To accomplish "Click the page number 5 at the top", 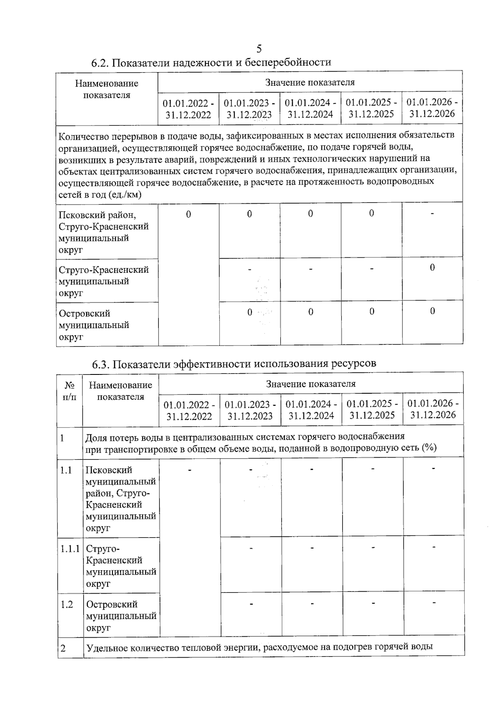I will (x=259, y=49).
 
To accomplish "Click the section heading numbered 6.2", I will (x=211, y=63).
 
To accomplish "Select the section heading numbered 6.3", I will (x=234, y=363).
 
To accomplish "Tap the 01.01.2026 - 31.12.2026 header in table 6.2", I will (x=432, y=108).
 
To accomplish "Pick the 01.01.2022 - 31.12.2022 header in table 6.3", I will (x=189, y=410).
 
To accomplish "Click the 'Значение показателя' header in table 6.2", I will (x=310, y=82).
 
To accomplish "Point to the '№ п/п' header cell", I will (x=69, y=391).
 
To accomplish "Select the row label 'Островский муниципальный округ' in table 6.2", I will (x=94, y=325).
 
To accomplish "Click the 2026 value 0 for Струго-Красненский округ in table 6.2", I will (x=433, y=267).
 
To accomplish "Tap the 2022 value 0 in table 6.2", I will (x=189, y=214).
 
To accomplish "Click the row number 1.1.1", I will (x=70, y=549).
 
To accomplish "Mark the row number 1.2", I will (x=67, y=604).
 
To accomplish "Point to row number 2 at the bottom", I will (x=63, y=648).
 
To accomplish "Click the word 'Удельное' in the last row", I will (x=106, y=647).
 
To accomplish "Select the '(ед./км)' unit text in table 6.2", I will (x=125, y=195).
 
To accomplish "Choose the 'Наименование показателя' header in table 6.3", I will (x=120, y=391).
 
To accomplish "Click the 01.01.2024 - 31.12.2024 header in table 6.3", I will (x=311, y=410).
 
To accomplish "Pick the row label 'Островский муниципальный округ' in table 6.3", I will (x=121, y=616).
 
